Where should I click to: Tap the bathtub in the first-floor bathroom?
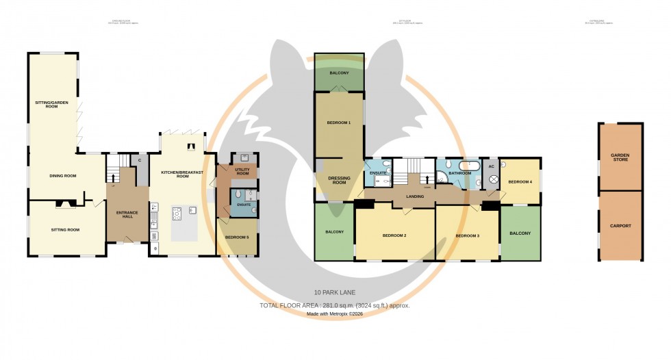click(470, 166)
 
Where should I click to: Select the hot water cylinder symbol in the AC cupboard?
click(491, 179)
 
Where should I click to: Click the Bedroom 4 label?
click(520, 181)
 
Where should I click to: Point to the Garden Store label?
click(620, 158)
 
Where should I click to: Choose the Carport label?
click(620, 225)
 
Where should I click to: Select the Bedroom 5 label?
click(238, 237)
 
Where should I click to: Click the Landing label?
click(415, 197)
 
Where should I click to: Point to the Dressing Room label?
click(340, 181)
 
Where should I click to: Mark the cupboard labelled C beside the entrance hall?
click(140, 159)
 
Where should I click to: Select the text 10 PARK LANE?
click(335, 293)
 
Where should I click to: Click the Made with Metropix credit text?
click(335, 313)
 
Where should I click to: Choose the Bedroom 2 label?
click(394, 235)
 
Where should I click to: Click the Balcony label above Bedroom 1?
click(339, 73)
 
